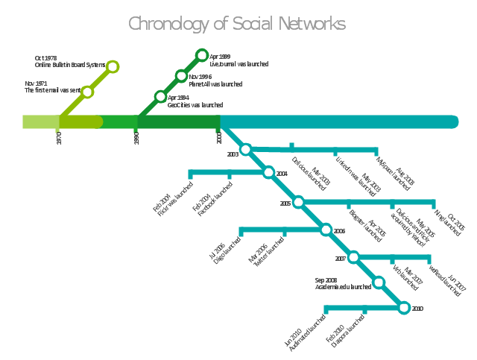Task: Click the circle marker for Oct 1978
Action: pyautogui.click(x=113, y=67)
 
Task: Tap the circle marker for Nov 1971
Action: pyautogui.click(x=87, y=92)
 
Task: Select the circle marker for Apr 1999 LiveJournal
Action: pyautogui.click(x=202, y=54)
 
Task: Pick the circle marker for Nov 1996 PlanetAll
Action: pyautogui.click(x=181, y=76)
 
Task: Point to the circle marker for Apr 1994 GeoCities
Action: pyautogui.click(x=160, y=96)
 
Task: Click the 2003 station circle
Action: pyautogui.click(x=246, y=150)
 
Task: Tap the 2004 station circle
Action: pyautogui.click(x=269, y=173)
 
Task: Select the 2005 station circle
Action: pyautogui.click(x=298, y=202)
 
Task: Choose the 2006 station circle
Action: pyautogui.click(x=326, y=230)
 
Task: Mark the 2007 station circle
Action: pyautogui.click(x=353, y=257)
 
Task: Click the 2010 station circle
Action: pyautogui.click(x=404, y=307)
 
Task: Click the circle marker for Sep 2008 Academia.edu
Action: pyautogui.click(x=379, y=282)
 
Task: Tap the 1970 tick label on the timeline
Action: pyautogui.click(x=59, y=138)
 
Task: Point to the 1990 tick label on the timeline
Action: pyautogui.click(x=136, y=138)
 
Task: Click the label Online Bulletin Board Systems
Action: pyautogui.click(x=70, y=66)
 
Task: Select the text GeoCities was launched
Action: pyautogui.click(x=195, y=105)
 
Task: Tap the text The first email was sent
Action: pyautogui.click(x=51, y=90)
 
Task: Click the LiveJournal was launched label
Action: pyautogui.click(x=239, y=64)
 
